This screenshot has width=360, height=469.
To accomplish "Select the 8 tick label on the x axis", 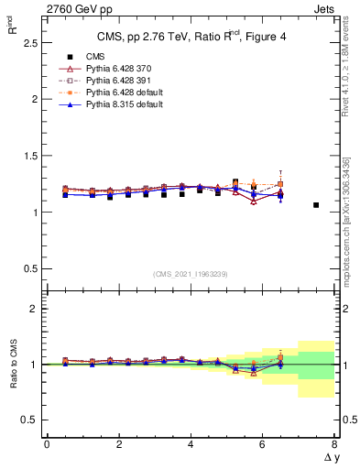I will (x=334, y=444).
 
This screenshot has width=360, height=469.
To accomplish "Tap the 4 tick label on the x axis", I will (x=191, y=444).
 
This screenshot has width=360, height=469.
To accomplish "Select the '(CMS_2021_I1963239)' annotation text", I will (x=190, y=273).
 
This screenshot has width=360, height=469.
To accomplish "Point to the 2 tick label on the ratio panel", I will (x=31, y=309).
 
